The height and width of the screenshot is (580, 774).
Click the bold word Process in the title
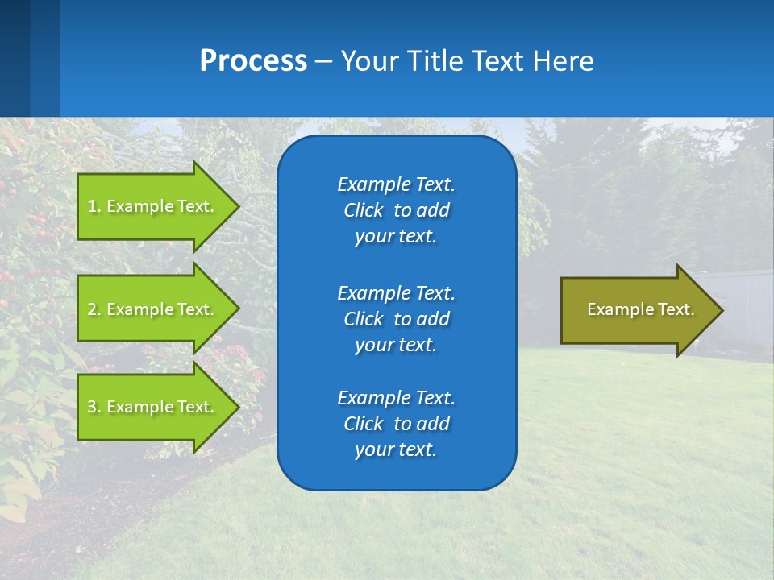[253, 60]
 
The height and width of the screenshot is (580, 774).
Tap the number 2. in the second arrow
[94, 309]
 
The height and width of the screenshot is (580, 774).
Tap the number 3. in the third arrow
[94, 407]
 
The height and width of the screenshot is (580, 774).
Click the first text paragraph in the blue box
[396, 210]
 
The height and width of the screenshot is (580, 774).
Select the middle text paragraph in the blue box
[396, 318]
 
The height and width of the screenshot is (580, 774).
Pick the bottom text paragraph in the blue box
[396, 424]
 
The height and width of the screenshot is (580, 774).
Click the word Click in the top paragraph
[364, 210]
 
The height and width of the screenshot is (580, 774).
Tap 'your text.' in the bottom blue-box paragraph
[396, 450]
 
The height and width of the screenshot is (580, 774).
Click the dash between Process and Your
[323, 61]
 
